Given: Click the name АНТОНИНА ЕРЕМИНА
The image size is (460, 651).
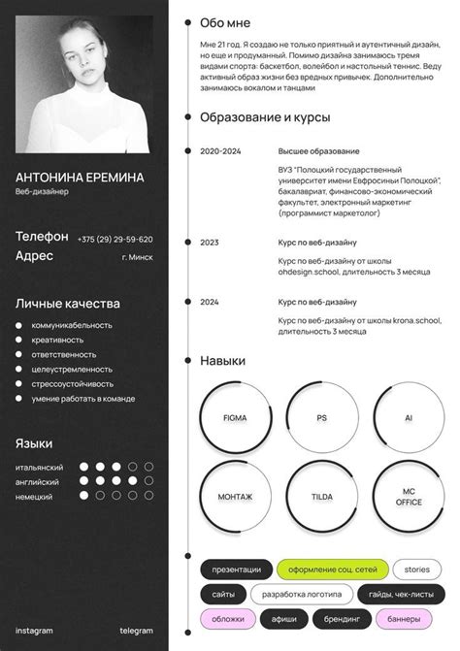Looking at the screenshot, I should click(x=80, y=178).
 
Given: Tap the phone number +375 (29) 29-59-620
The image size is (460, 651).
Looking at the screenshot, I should click(x=115, y=239).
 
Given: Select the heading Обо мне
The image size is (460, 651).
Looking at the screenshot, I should click(x=224, y=22).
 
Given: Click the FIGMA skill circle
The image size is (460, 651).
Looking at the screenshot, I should click(x=235, y=418).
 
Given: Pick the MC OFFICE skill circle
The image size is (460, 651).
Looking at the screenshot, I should click(x=409, y=497).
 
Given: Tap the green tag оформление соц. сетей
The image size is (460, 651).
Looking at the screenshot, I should click(x=332, y=570).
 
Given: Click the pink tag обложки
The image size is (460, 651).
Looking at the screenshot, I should click(x=228, y=618).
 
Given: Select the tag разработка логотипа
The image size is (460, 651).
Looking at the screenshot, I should click(x=302, y=594).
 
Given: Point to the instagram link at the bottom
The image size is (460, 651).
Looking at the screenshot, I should click(x=34, y=631).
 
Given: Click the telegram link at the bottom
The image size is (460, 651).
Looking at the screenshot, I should click(x=136, y=631).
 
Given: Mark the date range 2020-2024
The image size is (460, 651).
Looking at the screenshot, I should click(x=220, y=151).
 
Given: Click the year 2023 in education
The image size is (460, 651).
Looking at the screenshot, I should click(x=210, y=243).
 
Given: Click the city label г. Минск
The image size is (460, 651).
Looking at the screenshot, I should click(x=137, y=257).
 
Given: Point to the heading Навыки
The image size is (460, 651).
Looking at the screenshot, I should click(x=222, y=361).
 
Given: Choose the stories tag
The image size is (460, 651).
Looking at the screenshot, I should click(x=416, y=570).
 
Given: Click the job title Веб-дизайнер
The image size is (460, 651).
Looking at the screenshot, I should click(x=43, y=192).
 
